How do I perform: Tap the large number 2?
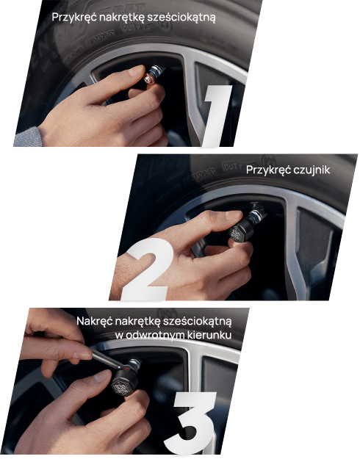pos(145,269)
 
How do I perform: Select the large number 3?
pos(191,423)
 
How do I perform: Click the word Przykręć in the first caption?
pos(74,18)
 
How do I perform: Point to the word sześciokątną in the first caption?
pos(181,18)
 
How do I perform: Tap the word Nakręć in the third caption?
pos(95,321)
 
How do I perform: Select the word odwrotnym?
pos(156,335)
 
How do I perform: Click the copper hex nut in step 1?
pos(149,79)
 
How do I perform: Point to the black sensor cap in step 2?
pos(240,231)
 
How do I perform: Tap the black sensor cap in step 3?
pos(124,384)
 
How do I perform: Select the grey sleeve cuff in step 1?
pos(28,137)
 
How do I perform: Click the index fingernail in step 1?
pos(137,71)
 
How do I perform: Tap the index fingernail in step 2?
pos(234,215)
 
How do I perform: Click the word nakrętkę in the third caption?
pos(137,321)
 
